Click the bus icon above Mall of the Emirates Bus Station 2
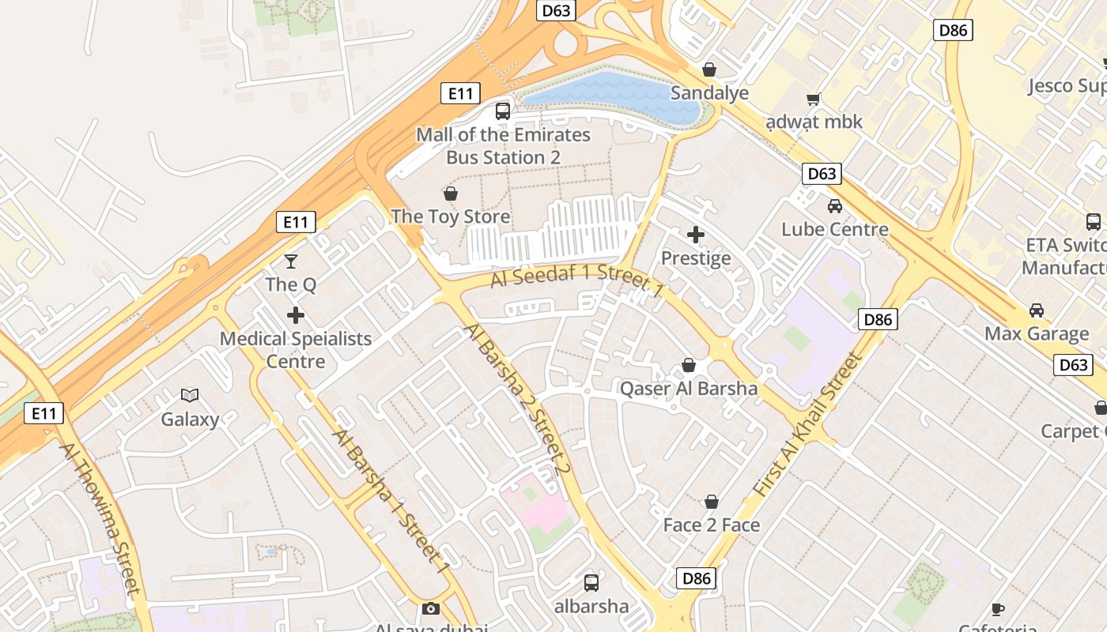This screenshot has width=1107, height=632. pos(503,111)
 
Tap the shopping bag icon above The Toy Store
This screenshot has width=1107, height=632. pos(451,194)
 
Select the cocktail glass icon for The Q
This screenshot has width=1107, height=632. pos(291,261)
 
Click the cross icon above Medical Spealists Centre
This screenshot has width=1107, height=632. pos(296,315)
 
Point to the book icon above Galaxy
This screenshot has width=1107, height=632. pos(190,396)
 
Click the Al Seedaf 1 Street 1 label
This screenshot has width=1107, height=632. pos(576,281)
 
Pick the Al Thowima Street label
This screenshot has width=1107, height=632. pos(102,517)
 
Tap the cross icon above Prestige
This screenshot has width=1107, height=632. pos(696,235)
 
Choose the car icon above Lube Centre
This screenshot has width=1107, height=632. pos(834,206)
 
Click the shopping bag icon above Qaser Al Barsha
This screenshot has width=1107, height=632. pos(689,365)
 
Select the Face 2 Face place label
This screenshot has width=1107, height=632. pos(711,525)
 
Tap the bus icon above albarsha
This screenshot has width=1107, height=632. pos(591,583)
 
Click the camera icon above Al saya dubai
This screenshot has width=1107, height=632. pos(430,608)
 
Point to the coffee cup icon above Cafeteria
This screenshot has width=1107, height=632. pos(998,608)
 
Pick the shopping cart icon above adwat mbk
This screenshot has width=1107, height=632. pos(813,99)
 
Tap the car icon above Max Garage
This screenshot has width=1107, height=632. pos(1036,310)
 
